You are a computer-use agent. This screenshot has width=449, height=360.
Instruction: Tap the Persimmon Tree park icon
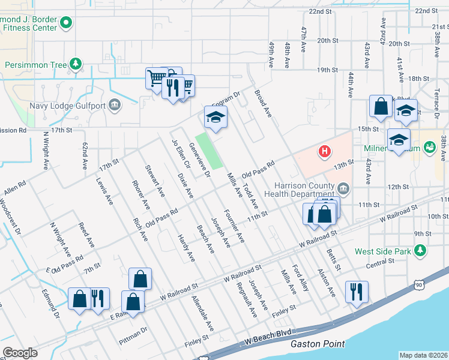75,64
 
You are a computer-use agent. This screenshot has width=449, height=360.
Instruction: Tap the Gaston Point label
318,344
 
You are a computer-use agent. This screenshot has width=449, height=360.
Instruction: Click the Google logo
20,353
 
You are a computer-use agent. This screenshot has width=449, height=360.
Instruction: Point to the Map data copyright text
423,355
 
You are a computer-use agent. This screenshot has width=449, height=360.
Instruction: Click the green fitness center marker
66,24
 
